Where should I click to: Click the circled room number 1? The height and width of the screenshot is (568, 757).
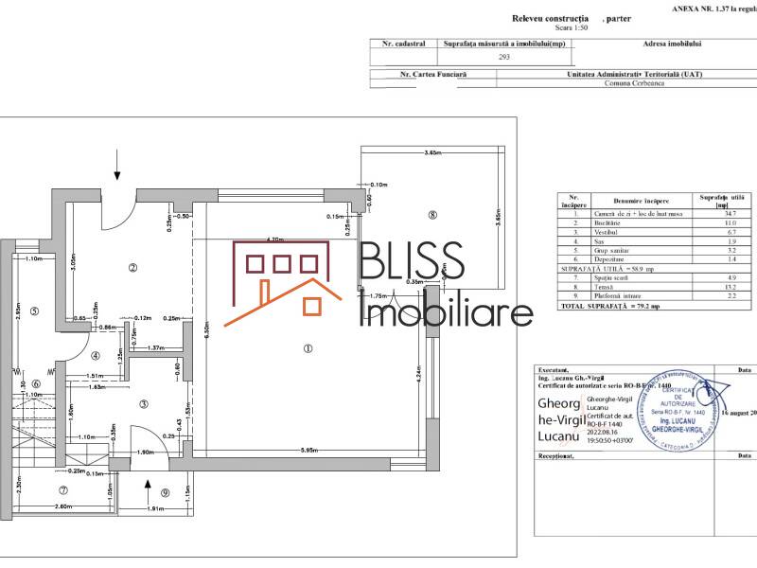point(308,347)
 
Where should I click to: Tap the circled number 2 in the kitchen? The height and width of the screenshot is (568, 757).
point(132,268)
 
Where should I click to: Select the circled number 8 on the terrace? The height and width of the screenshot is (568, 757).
point(431,215)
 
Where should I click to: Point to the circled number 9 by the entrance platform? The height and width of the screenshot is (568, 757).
point(165,491)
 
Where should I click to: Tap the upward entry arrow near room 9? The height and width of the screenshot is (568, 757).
point(148,488)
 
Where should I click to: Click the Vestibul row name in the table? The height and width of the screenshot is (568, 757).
point(625,231)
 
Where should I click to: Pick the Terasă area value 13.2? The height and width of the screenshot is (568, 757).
point(703,287)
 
